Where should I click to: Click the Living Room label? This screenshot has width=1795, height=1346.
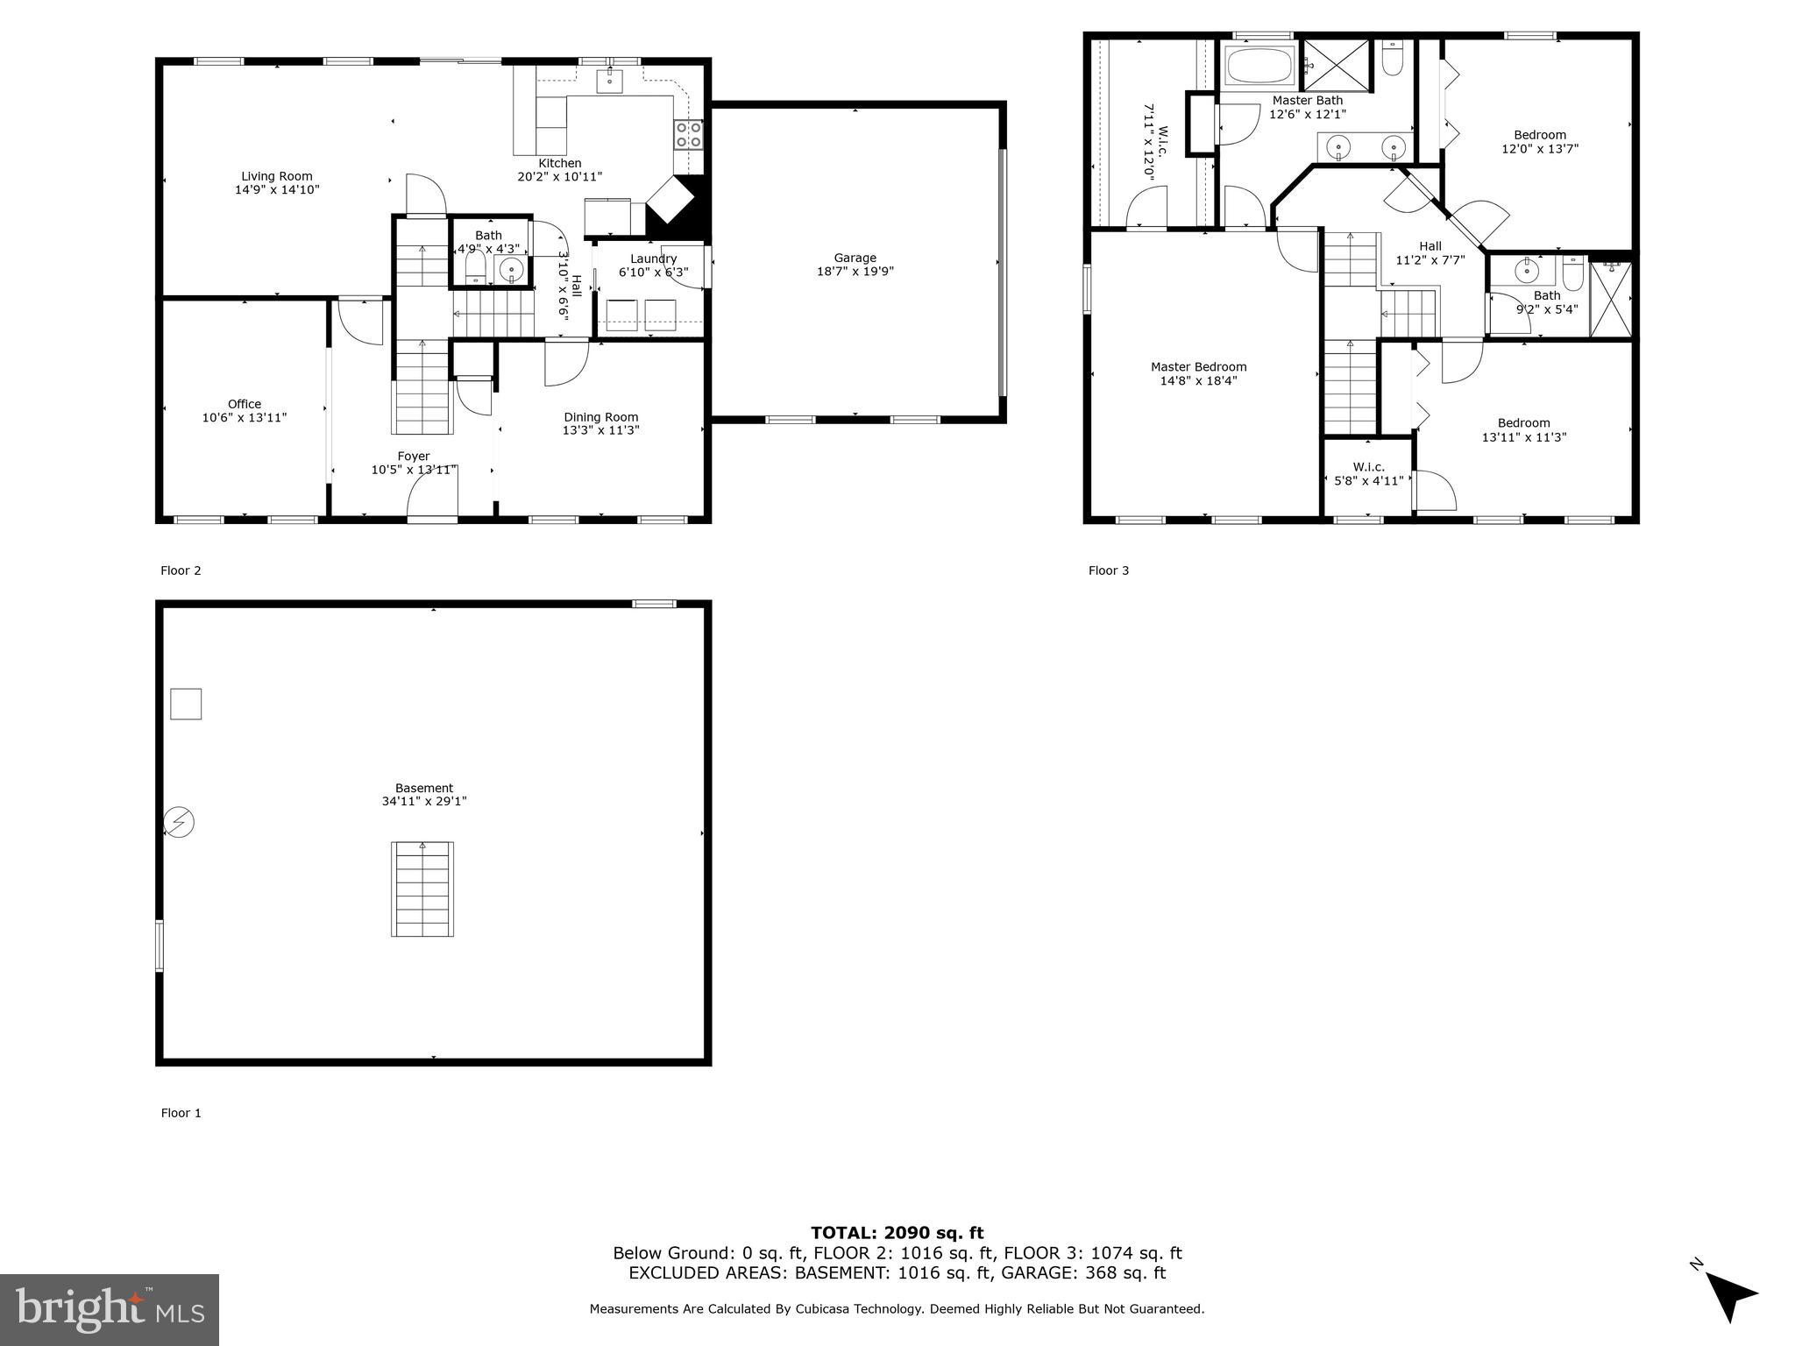point(277,176)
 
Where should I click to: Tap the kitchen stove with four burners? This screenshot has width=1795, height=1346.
point(688,135)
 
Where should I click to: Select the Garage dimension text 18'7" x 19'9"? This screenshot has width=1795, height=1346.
point(855,272)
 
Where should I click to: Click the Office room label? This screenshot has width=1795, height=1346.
point(245,404)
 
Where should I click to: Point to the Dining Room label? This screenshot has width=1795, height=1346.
point(600,417)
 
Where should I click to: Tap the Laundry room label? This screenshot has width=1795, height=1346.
point(653,259)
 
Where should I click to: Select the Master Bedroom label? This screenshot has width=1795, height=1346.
point(1198,367)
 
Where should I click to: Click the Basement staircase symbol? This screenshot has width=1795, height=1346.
point(422,889)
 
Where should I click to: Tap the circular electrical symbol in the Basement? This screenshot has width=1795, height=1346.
point(180,822)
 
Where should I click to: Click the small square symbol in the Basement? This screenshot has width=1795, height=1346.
point(186,704)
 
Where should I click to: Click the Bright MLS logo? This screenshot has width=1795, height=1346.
point(110,1309)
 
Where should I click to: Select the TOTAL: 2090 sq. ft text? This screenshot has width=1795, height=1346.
point(897,1234)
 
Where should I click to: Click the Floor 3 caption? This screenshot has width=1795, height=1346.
point(1109,570)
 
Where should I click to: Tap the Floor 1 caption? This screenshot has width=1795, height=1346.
point(181,1113)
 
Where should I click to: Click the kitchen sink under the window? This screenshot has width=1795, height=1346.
point(610,81)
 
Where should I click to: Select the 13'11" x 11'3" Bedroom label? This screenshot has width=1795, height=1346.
point(1523,429)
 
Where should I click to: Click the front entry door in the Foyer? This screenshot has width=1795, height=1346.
point(433,504)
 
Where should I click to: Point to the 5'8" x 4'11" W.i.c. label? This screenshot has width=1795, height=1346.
point(1368,474)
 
